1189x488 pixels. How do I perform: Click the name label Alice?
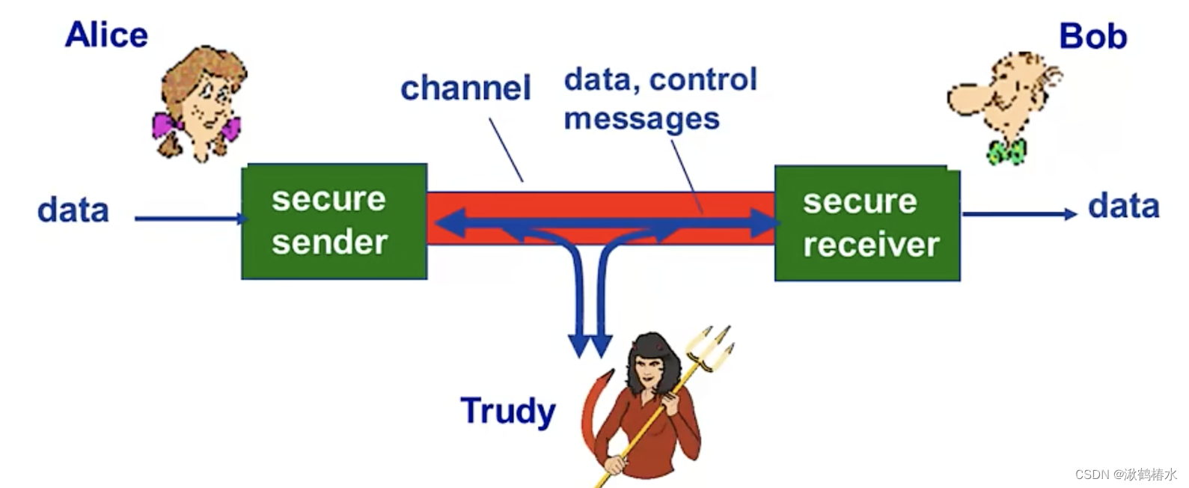coord(106,35)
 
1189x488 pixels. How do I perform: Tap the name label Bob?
coord(1092,37)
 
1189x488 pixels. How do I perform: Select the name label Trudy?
coord(508,411)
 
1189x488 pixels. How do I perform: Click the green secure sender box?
coord(334,221)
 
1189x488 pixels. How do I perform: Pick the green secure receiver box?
coord(867,223)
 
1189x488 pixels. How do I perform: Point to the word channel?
coord(465,88)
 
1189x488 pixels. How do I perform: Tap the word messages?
coord(641,119)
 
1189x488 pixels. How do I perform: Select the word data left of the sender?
coord(73,210)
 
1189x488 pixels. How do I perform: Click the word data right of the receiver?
coord(1123,206)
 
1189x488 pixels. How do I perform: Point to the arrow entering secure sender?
coord(191,219)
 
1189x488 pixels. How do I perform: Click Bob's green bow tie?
coord(1006,152)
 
